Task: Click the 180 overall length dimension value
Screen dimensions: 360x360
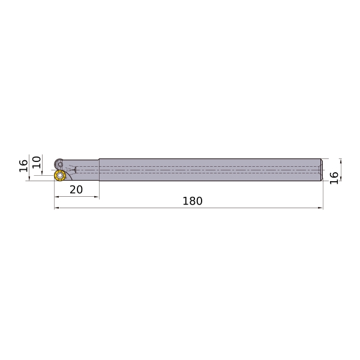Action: pyautogui.click(x=193, y=201)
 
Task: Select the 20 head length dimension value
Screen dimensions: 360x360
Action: pyautogui.click(x=76, y=190)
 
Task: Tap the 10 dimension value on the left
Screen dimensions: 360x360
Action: pyautogui.click(x=37, y=163)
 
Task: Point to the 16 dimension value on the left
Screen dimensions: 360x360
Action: pyautogui.click(x=23, y=166)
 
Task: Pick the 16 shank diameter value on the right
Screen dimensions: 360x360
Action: pyautogui.click(x=334, y=178)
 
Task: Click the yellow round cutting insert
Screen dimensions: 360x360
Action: pyautogui.click(x=60, y=176)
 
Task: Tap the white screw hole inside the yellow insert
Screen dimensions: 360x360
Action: pyautogui.click(x=60, y=176)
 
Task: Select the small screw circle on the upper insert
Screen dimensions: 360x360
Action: pyautogui.click(x=61, y=164)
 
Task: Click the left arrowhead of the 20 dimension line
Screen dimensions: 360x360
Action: pyautogui.click(x=56, y=197)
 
